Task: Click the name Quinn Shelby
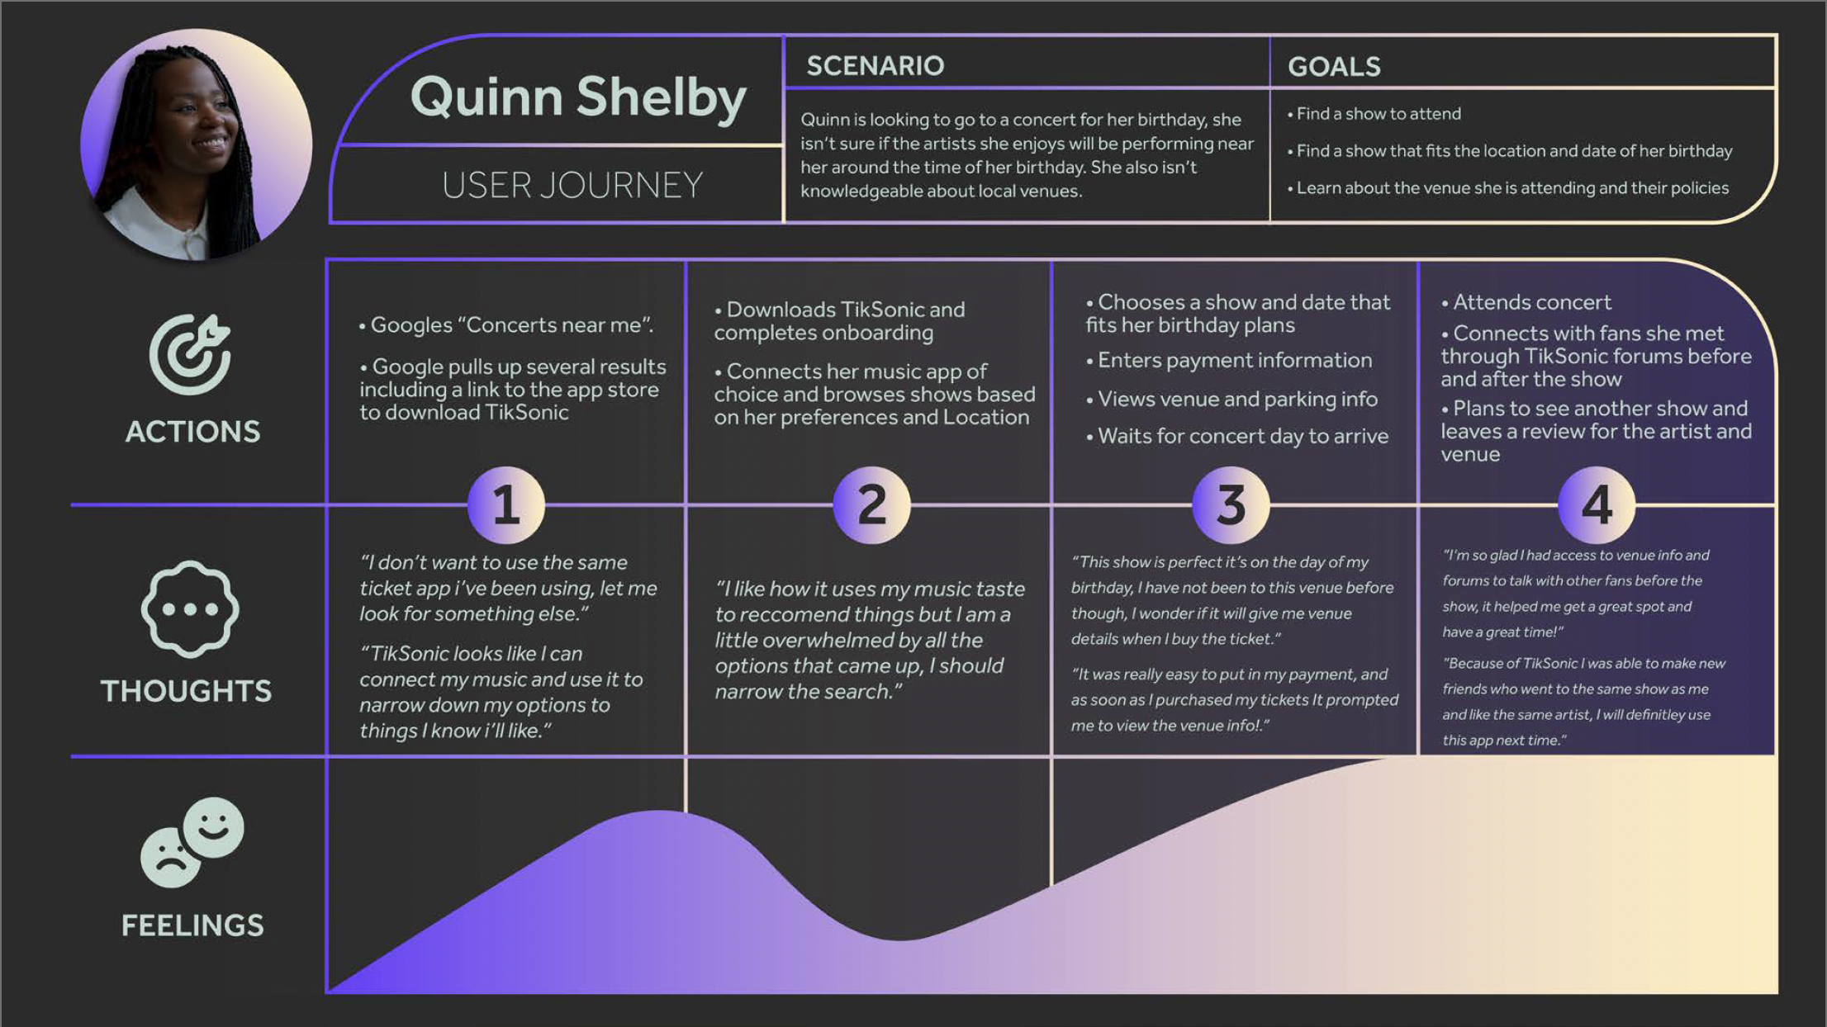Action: (x=578, y=97)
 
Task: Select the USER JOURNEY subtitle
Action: (x=572, y=185)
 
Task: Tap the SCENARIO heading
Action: (x=875, y=66)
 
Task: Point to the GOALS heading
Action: (x=1333, y=67)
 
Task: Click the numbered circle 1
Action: (x=506, y=504)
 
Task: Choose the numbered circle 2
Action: (x=872, y=504)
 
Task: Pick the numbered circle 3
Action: (x=1231, y=504)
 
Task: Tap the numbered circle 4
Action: (x=1597, y=504)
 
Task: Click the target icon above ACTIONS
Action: (x=190, y=353)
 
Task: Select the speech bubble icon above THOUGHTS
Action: (x=190, y=609)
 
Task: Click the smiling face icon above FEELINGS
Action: (x=213, y=826)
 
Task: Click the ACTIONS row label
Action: (x=192, y=432)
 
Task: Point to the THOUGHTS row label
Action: (x=186, y=691)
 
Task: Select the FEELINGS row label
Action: (x=192, y=925)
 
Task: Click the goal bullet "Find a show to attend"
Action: (x=1378, y=114)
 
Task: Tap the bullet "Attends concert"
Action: (x=1530, y=302)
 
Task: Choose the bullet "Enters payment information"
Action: (x=1234, y=360)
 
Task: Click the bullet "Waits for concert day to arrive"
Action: (x=1242, y=436)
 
